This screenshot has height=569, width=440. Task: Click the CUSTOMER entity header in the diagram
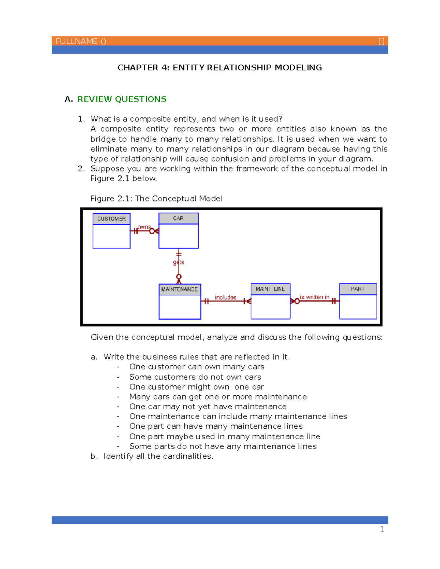[111, 219]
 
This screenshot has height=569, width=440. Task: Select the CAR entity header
[178, 218]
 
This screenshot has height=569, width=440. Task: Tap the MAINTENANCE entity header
[180, 289]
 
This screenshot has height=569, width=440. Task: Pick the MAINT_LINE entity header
[271, 289]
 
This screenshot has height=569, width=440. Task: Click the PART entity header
[357, 289]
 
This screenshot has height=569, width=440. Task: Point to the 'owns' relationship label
[144, 227]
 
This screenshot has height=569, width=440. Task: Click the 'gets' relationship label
[179, 262]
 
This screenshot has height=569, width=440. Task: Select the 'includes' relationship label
[225, 297]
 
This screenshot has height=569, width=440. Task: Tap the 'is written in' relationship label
[315, 297]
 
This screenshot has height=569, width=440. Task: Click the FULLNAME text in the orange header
[77, 41]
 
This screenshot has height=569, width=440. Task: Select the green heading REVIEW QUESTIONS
[122, 99]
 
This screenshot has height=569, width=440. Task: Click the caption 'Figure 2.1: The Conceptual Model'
[157, 199]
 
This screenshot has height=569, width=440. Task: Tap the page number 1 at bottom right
[382, 529]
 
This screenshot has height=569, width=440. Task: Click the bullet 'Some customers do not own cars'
[195, 377]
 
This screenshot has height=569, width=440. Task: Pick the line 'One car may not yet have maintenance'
[208, 407]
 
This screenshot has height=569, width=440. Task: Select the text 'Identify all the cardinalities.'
[158, 457]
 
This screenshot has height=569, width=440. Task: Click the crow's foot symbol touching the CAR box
[155, 231]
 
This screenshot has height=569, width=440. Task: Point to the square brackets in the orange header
[381, 41]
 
